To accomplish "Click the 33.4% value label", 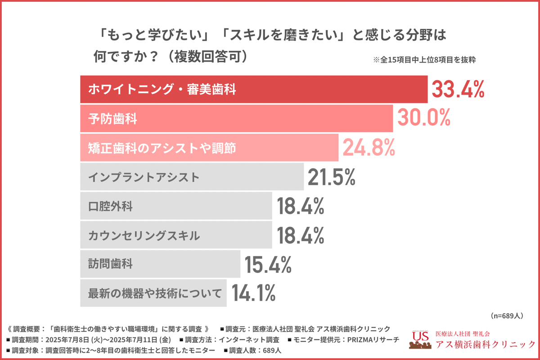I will [x=458, y=89].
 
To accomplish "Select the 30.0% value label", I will [x=423, y=118].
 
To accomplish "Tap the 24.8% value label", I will [x=369, y=147].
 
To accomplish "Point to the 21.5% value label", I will [x=332, y=177].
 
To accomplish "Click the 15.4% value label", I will [x=268, y=264].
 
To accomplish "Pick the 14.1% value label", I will [x=253, y=293].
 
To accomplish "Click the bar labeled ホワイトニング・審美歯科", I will [x=254, y=89].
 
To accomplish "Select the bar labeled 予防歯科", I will [x=236, y=118].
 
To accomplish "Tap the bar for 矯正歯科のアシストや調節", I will [x=209, y=148].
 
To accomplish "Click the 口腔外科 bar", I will [x=176, y=206].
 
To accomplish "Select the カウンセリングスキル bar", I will [x=176, y=235].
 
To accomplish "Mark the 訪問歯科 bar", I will [x=160, y=264].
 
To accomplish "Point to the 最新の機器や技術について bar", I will [x=153, y=293].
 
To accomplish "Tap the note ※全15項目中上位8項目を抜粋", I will [x=424, y=59].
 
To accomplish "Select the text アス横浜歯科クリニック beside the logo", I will [x=486, y=344].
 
